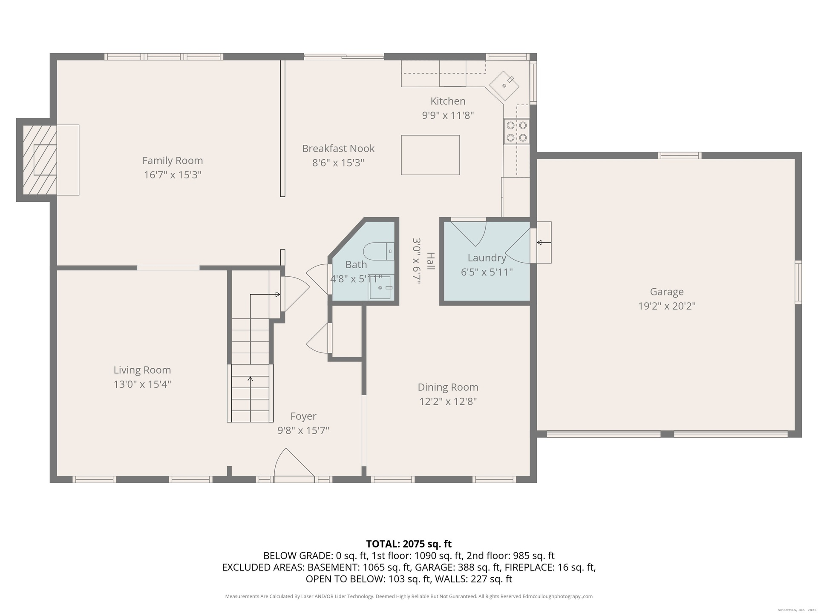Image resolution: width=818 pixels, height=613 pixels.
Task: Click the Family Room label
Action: (x=173, y=160)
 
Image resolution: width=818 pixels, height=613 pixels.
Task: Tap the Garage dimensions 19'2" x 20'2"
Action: (x=667, y=306)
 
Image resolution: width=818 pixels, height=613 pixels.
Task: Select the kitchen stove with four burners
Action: (x=516, y=132)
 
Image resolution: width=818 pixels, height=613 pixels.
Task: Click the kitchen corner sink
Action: (x=504, y=86)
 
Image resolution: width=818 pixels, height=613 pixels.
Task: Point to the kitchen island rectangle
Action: (x=430, y=155)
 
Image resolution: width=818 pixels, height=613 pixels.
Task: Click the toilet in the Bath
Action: (x=379, y=251)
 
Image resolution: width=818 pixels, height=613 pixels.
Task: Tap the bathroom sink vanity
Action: (x=380, y=288)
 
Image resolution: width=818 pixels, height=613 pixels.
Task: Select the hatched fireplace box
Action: (x=40, y=160)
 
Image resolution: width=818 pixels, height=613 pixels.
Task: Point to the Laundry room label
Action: (x=487, y=258)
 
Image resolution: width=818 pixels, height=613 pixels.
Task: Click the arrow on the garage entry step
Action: (x=544, y=243)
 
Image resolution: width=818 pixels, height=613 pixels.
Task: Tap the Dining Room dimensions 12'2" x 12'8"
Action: (x=448, y=401)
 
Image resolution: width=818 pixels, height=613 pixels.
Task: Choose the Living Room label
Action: (x=142, y=370)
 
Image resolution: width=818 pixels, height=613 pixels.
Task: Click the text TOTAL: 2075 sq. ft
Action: (x=409, y=544)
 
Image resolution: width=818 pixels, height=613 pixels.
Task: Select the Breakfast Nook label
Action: (x=338, y=149)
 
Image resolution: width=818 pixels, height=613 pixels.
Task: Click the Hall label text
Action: (x=431, y=261)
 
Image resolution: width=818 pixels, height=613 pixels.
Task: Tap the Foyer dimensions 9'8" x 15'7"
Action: (x=303, y=430)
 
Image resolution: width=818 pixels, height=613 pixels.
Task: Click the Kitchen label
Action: (x=448, y=101)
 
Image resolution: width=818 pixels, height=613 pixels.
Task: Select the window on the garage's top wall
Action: (x=680, y=155)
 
